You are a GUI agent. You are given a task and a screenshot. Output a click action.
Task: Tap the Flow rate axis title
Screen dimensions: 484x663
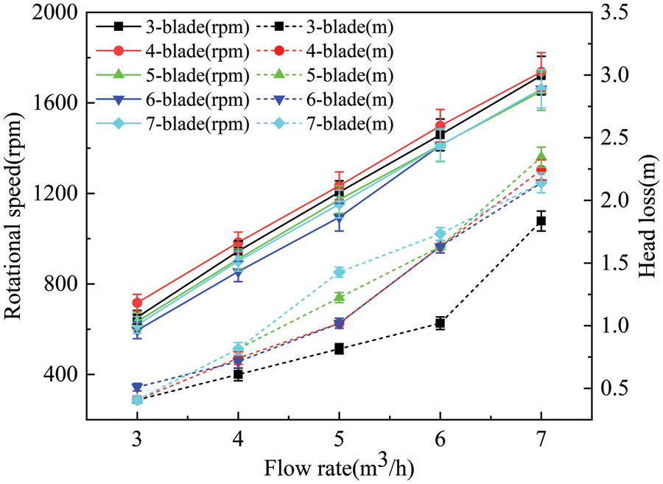coord(339,466)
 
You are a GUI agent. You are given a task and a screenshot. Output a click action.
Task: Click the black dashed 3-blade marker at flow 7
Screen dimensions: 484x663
coord(541,221)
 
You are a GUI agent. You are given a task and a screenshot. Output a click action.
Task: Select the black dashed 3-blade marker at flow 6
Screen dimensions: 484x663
coord(440,323)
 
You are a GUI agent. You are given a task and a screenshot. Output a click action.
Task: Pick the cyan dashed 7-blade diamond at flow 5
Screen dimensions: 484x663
coord(339,272)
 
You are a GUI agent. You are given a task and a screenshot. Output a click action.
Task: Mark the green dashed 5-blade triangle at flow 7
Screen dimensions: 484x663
coord(541,156)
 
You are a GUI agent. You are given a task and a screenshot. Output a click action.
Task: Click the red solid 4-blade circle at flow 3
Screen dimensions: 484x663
coord(137,302)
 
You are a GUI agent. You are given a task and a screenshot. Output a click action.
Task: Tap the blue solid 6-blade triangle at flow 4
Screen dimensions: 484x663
coord(238,273)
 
